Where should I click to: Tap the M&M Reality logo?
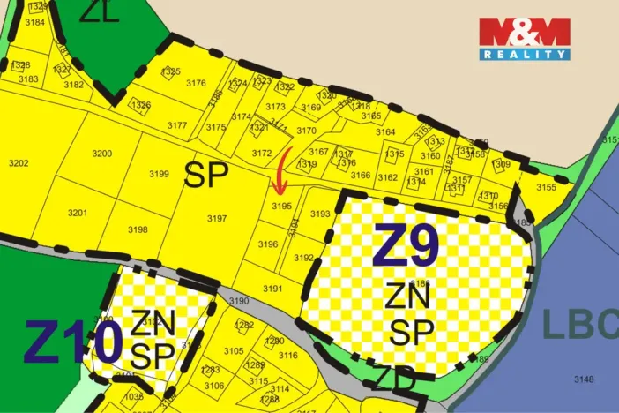(x=525, y=38)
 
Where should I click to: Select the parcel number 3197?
(x=216, y=218)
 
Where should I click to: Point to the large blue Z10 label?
(x=72, y=343)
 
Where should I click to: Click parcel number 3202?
(x=18, y=163)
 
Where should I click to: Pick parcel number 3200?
(x=102, y=154)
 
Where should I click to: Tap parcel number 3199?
(x=159, y=174)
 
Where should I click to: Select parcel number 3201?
(x=78, y=213)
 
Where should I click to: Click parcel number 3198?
(x=138, y=229)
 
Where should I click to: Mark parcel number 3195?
(x=281, y=206)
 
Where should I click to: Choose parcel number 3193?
(x=320, y=214)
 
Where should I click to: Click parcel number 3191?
(x=272, y=289)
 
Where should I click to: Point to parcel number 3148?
(x=584, y=379)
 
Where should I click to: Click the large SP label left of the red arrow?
(x=206, y=176)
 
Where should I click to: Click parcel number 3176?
(x=196, y=84)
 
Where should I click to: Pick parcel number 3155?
(x=546, y=187)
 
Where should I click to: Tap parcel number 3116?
(x=288, y=356)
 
